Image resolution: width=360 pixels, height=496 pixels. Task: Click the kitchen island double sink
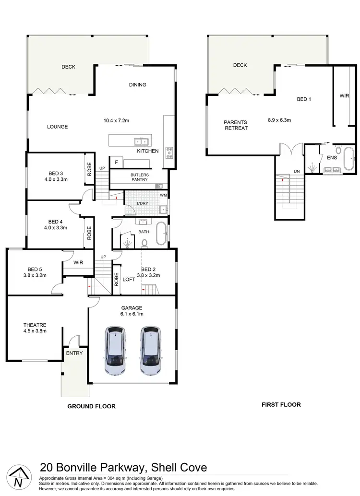pos(140,141)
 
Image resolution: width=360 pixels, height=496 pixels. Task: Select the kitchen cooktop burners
pos(169,153)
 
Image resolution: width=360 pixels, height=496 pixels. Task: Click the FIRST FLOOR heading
pos(281,404)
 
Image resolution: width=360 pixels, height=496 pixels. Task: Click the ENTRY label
pos(74,353)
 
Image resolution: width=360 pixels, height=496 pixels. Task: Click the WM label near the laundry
pos(163,195)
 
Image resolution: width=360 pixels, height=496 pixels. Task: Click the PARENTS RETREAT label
pos(236,125)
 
